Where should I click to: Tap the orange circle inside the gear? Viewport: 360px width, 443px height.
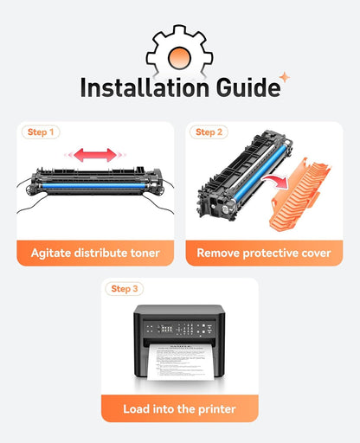point(179,58)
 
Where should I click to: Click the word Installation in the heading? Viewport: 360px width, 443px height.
point(145,87)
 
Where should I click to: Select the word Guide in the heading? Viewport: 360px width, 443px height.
point(247,87)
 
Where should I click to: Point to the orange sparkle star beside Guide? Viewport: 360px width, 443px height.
point(285,77)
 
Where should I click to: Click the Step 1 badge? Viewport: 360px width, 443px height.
point(41,132)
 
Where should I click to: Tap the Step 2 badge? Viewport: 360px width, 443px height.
point(209,132)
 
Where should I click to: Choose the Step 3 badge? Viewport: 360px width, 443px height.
point(125,289)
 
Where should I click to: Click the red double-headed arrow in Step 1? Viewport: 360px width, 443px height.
point(95,155)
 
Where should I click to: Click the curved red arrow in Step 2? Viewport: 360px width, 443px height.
point(275,180)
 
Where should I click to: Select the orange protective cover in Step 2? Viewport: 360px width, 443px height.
point(300,194)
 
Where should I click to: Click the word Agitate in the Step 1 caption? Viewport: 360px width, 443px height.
point(51,254)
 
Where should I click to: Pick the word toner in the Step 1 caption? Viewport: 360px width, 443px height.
point(145,254)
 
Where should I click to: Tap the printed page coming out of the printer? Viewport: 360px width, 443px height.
point(180,362)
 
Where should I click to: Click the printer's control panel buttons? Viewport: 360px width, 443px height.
point(179,329)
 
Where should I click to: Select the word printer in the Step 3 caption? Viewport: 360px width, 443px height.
point(217,409)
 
